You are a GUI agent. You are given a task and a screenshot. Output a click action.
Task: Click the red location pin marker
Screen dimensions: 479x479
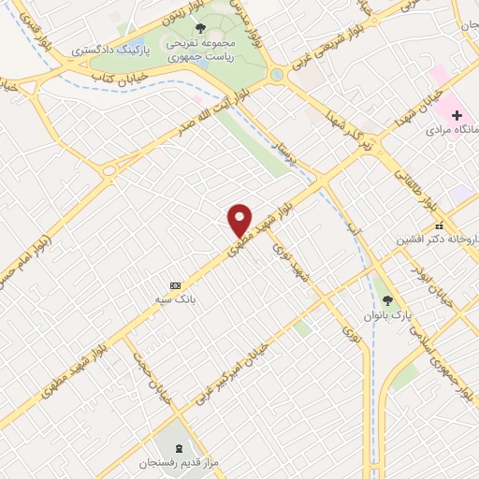(x=240, y=220)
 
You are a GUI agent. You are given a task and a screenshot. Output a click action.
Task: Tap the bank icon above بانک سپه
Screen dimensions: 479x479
(x=175, y=284)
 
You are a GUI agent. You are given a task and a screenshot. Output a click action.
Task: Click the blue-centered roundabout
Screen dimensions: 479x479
(x=277, y=75)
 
